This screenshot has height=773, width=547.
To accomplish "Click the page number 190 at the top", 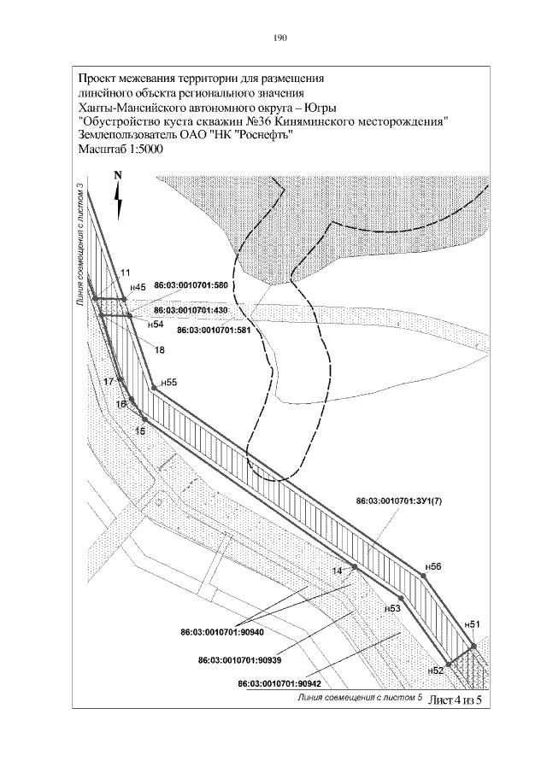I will point(279,38).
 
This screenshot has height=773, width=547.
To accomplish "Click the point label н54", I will point(156,325).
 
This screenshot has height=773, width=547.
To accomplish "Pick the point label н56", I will point(433,566).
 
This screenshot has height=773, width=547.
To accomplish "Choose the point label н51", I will point(472,625).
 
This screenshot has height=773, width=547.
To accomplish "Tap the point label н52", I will point(435,671).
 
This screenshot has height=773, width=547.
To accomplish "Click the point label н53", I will point(391,608).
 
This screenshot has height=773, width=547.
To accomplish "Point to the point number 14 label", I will point(337,570).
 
